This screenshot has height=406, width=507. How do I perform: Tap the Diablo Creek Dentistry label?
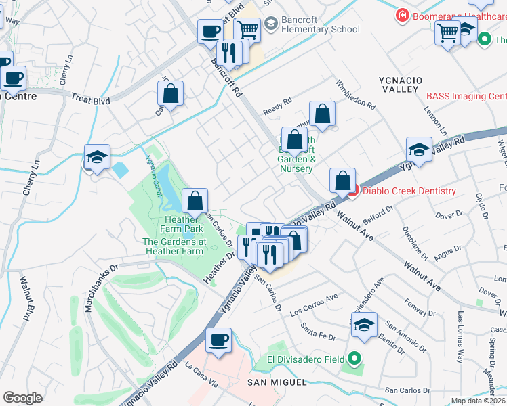[409, 191]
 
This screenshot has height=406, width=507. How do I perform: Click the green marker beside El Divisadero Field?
[354, 359]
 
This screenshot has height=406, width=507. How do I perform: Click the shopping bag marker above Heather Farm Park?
[195, 201]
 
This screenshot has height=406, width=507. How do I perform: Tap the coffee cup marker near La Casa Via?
[218, 341]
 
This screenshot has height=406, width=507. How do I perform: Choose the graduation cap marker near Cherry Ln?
[98, 158]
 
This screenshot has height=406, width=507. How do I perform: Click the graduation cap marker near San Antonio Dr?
[364, 324]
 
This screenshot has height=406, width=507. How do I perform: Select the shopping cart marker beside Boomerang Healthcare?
[448, 32]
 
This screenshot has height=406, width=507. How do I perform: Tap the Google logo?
[22, 398]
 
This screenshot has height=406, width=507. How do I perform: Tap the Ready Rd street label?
[277, 105]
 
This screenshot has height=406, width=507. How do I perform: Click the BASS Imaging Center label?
[466, 97]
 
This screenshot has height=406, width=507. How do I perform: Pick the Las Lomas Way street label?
[462, 336]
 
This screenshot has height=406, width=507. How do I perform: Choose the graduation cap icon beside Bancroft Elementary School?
[271, 25]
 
